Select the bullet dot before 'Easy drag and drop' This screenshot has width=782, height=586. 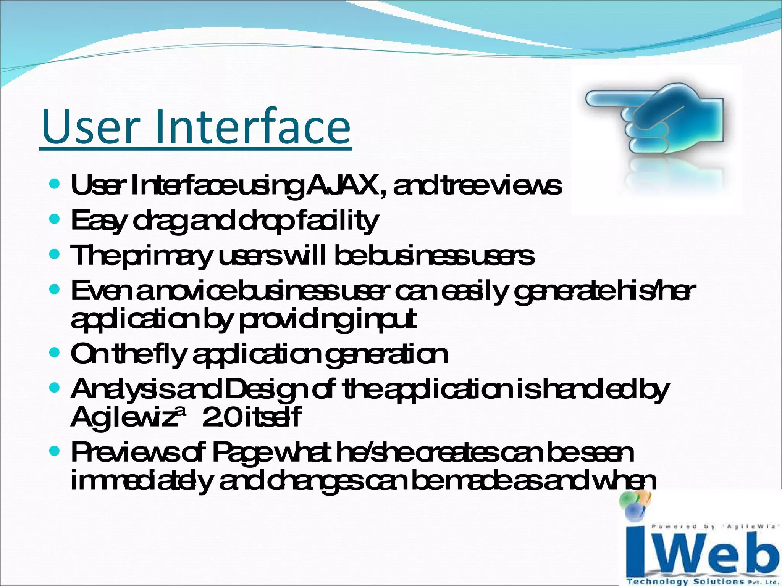coord(55,219)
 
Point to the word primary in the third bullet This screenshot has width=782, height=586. coord(168,256)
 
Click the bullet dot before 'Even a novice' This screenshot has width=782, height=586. coord(55,289)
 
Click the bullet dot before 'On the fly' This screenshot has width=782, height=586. coord(55,353)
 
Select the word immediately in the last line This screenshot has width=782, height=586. coord(141,481)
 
